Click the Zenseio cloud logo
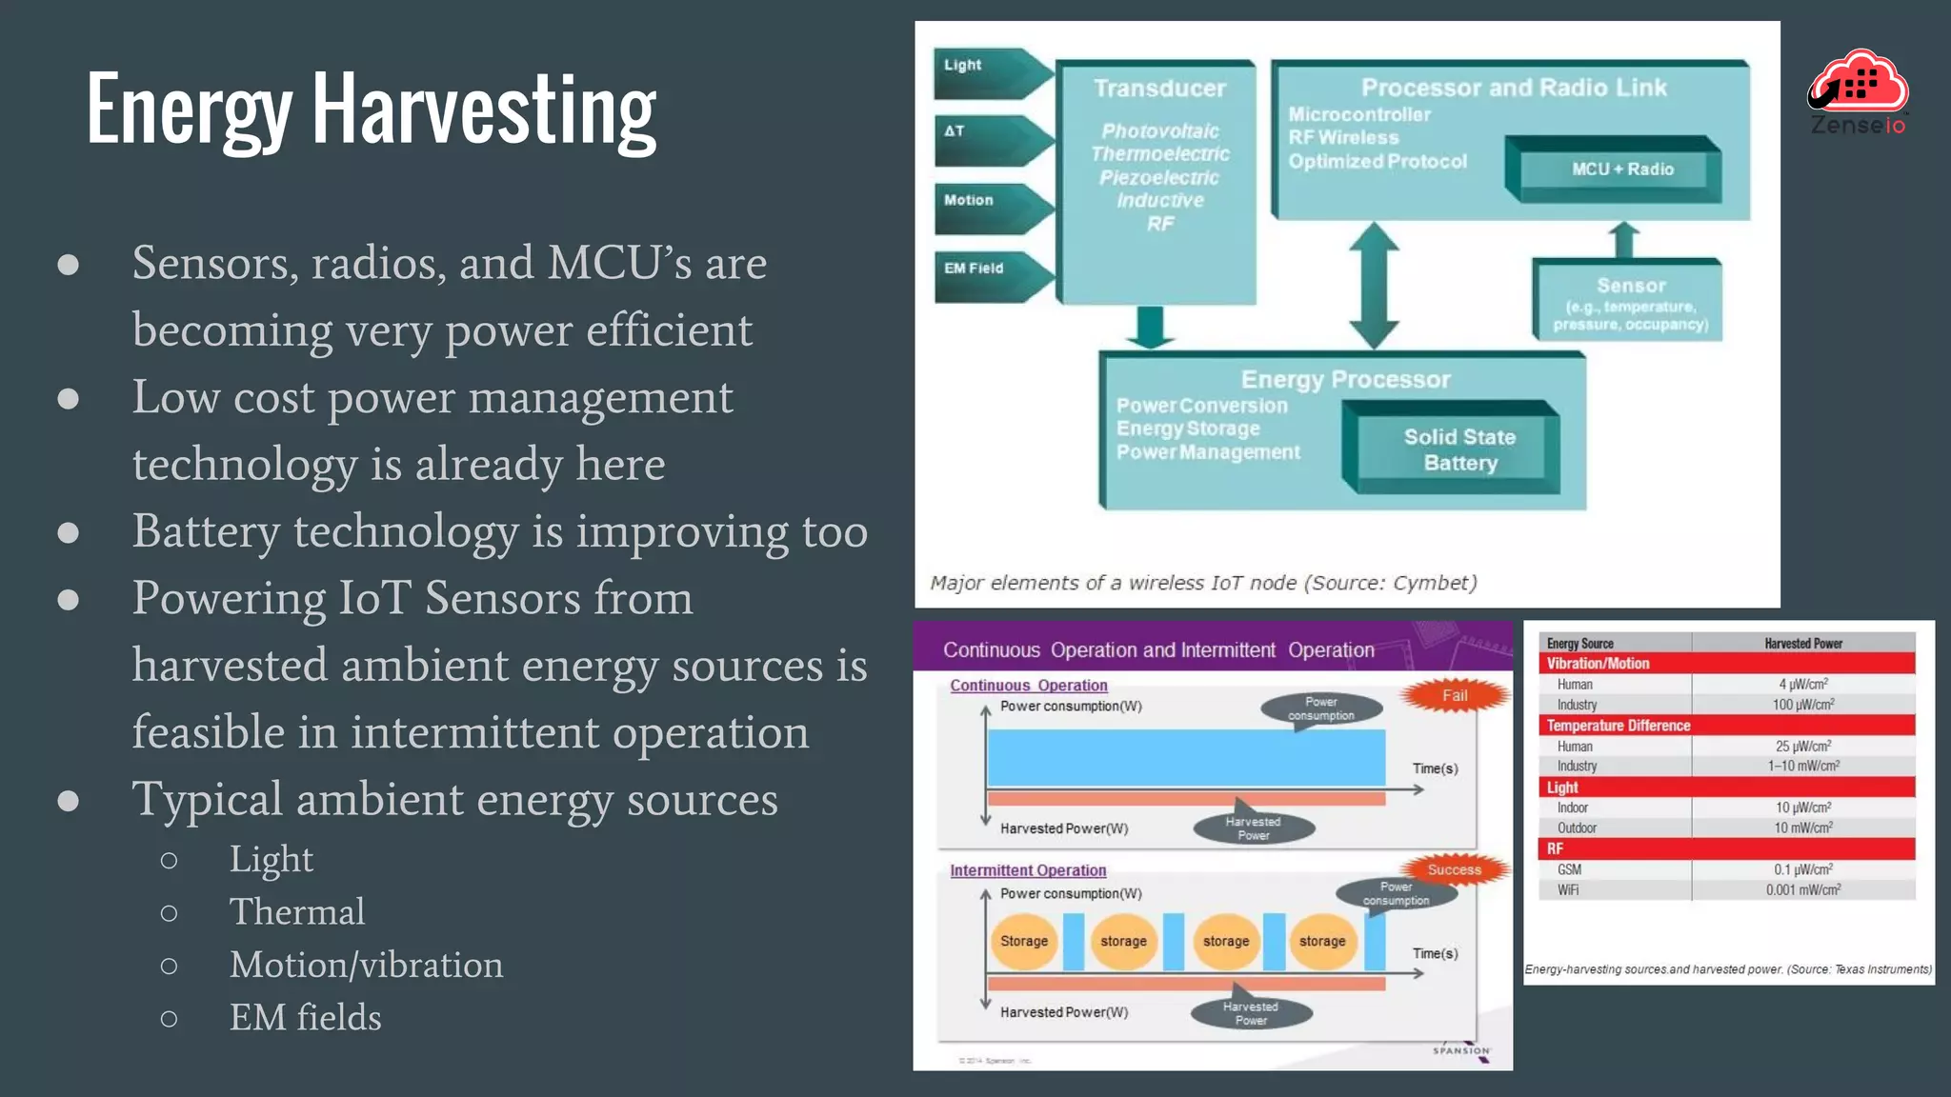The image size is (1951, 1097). (1859, 91)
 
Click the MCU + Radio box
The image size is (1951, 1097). (1621, 170)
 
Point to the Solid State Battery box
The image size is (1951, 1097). (1458, 449)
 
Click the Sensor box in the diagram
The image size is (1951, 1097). (1630, 302)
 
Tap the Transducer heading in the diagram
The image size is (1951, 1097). (1159, 89)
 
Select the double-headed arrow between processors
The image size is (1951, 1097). (1373, 286)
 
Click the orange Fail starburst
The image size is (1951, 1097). (1455, 695)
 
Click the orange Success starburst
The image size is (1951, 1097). (1454, 869)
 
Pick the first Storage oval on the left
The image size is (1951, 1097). (1024, 941)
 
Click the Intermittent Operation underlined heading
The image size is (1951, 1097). (1028, 870)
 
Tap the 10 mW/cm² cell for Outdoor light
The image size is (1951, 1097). (1802, 828)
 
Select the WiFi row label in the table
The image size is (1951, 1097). (1568, 890)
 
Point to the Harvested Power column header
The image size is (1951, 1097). (1802, 644)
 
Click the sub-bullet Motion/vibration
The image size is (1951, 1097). (366, 966)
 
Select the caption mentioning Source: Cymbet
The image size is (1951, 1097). (1203, 583)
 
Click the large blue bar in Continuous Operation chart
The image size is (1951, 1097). (1186, 757)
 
